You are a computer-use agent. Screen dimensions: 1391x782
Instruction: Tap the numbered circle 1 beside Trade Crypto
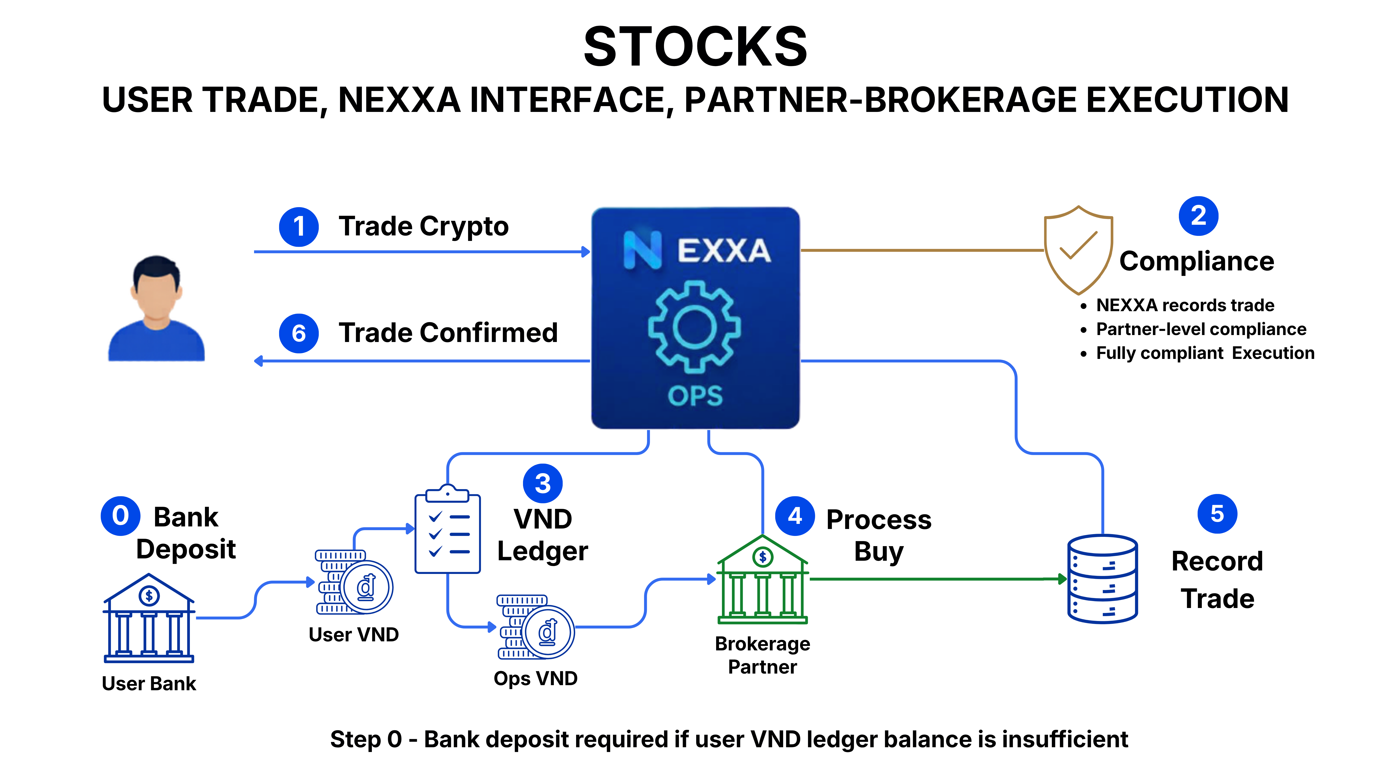pyautogui.click(x=299, y=227)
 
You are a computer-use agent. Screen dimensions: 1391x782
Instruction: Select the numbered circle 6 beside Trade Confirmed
pyautogui.click(x=299, y=333)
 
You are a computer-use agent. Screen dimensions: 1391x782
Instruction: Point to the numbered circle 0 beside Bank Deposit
pyautogui.click(x=120, y=516)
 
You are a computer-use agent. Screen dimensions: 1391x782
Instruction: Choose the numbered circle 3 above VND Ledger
pyautogui.click(x=543, y=484)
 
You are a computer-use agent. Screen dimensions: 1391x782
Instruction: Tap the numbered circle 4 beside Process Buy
pyautogui.click(x=795, y=516)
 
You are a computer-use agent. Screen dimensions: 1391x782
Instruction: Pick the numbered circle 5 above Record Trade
pyautogui.click(x=1217, y=514)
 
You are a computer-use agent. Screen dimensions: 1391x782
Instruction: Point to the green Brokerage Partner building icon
pyautogui.click(x=762, y=579)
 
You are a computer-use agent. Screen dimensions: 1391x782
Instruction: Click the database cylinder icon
pyautogui.click(x=1103, y=579)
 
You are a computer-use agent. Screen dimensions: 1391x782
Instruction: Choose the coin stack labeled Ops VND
pyautogui.click(x=536, y=627)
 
